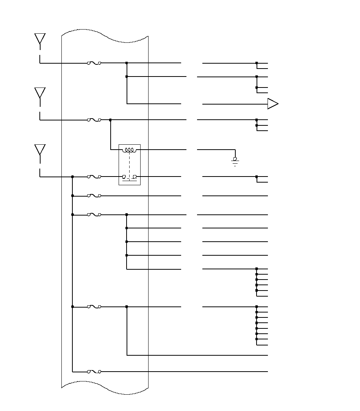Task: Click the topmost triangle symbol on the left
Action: [x=40, y=38]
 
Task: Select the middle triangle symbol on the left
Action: [x=40, y=92]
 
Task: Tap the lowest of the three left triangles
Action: [x=40, y=149]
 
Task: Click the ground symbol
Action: [x=235, y=162]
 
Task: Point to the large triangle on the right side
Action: [x=272, y=104]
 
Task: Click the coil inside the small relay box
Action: [x=130, y=150]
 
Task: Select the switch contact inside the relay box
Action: [x=130, y=177]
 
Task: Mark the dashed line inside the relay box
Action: [x=130, y=164]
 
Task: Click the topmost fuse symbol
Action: [x=94, y=63]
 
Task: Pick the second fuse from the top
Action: [x=94, y=120]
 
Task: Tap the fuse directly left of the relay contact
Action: [x=94, y=177]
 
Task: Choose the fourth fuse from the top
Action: [x=94, y=196]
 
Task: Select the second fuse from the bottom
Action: [x=94, y=306]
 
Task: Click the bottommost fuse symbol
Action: [x=94, y=372]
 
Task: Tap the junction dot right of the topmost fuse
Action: [x=127, y=63]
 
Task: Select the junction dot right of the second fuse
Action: [x=110, y=120]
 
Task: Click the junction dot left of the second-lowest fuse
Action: [x=72, y=306]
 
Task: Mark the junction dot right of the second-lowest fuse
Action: [x=127, y=306]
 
